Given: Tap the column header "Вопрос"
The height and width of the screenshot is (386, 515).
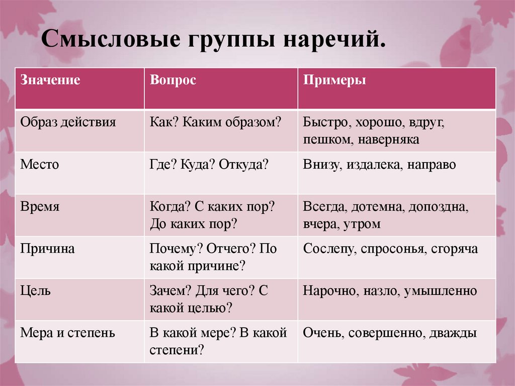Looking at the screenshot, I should [x=173, y=81].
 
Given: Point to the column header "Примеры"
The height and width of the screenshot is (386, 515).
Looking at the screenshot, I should [x=334, y=81].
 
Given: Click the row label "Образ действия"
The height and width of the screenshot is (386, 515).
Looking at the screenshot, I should [x=68, y=122].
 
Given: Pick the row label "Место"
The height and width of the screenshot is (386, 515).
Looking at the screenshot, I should [x=40, y=165].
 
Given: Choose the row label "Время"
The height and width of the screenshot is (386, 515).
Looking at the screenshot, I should [x=40, y=207].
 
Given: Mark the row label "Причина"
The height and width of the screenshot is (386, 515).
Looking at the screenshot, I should [x=48, y=249].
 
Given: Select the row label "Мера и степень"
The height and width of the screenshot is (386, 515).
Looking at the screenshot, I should [x=67, y=333].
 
